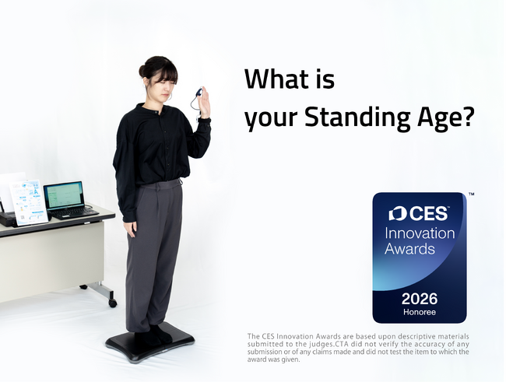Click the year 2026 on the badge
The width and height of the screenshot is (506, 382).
point(419,299)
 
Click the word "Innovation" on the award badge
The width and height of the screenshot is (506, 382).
point(420,233)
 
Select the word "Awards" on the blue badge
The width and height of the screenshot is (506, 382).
point(409,249)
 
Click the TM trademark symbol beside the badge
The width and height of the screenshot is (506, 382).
point(471,194)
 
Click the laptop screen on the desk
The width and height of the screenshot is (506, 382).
point(64,195)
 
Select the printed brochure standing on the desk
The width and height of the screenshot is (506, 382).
point(28,201)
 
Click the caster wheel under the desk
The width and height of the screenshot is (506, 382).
point(113,301)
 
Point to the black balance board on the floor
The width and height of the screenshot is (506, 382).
point(149,345)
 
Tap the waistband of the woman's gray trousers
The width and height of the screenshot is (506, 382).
point(160,184)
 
